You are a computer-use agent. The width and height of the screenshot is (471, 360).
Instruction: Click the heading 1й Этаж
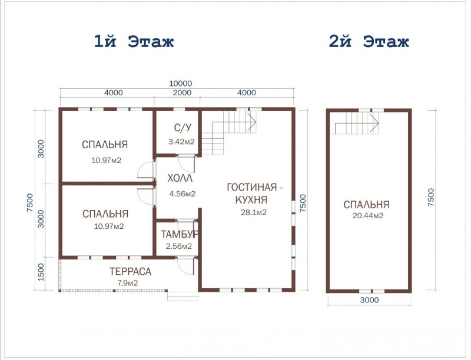[134, 41]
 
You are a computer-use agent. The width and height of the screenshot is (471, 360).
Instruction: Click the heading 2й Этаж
[369, 41]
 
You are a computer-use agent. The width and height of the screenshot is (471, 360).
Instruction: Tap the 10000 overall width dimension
[180, 83]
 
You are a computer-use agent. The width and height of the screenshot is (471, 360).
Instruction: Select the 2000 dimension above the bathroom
[183, 92]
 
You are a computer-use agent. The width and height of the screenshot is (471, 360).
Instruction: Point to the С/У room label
[183, 128]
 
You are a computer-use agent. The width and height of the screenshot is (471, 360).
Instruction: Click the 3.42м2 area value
[181, 142]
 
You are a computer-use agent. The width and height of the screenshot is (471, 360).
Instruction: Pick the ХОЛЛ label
[180, 178]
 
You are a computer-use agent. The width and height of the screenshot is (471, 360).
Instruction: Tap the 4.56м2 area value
[183, 194]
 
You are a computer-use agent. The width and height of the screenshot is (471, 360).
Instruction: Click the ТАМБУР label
[180, 234]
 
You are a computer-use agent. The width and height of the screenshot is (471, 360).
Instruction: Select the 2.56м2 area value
[179, 246]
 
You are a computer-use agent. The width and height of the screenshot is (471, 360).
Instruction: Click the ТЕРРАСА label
[130, 272]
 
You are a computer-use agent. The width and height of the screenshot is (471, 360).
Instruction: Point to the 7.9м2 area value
[127, 283]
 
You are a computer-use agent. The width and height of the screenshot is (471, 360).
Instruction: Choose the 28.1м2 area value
[254, 212]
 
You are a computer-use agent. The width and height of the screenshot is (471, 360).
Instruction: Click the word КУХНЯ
[251, 200]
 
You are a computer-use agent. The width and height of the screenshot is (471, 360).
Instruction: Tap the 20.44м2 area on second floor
[368, 216]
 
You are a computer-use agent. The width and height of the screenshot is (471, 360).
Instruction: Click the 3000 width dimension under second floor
[369, 300]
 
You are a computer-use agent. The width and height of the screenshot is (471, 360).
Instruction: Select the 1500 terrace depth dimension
[41, 272]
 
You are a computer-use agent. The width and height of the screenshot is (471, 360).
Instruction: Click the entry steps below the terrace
[183, 296]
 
